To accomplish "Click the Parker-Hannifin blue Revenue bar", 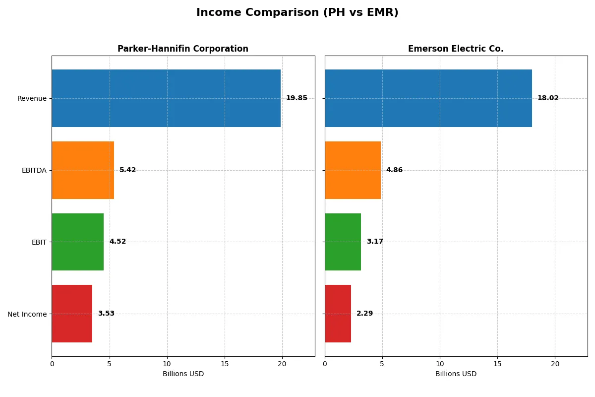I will (166, 98).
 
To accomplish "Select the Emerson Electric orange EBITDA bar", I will (353, 170).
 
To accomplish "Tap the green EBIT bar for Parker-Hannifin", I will (78, 242).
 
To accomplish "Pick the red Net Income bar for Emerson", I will (338, 314).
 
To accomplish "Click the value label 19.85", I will (297, 98).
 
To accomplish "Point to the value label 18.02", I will (548, 98).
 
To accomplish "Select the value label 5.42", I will (127, 170).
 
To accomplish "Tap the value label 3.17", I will (375, 242).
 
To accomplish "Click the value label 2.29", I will (364, 314).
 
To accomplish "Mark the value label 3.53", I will (106, 314).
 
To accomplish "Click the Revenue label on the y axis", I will (32, 98).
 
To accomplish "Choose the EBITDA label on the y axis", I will (34, 170).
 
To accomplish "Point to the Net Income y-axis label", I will (27, 314).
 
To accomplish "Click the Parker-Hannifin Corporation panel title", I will (183, 49).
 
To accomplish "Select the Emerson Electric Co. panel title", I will (456, 49).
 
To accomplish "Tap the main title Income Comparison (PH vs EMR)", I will (297, 12).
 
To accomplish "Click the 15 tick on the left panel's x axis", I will (225, 364).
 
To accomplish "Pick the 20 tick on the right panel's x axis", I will (555, 364).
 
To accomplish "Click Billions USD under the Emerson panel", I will (456, 374).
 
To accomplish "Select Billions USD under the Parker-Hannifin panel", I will (183, 374).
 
